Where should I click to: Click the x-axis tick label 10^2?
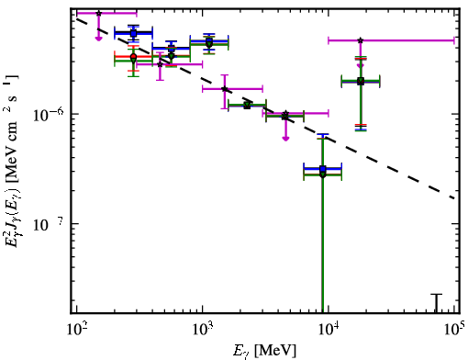coord(76,330)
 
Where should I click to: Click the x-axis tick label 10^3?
coord(203,330)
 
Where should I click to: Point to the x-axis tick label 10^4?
coord(329,330)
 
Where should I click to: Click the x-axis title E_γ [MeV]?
coord(264,351)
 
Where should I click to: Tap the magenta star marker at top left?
coord(98,14)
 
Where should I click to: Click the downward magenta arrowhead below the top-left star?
coord(98,39)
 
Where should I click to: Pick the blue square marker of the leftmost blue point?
coord(133,33)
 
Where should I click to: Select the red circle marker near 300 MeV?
coord(133,57)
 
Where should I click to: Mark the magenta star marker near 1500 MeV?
coord(225,89)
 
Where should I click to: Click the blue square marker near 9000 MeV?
coord(323,169)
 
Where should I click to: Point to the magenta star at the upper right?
coord(361,40)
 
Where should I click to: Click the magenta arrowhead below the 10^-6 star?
coord(285,139)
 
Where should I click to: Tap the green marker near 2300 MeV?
coord(247,106)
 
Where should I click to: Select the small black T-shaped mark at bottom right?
coord(437,303)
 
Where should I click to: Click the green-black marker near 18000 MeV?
coord(361,81)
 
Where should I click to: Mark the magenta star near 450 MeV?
coord(160,64)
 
